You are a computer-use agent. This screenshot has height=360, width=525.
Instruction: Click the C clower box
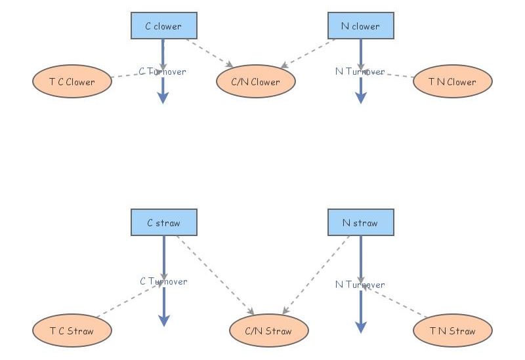coord(163,26)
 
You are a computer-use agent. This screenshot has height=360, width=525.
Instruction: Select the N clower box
coord(360,26)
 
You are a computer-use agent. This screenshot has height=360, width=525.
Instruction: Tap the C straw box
coord(163,223)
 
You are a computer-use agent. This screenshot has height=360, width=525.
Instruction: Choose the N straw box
coord(360,223)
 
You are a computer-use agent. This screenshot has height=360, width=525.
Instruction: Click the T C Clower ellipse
coord(72,82)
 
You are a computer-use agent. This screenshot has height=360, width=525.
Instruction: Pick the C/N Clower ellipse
coord(255,82)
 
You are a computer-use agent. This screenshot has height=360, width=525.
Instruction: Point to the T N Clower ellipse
coord(452,82)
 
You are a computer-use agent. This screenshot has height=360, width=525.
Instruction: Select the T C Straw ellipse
coord(72,330)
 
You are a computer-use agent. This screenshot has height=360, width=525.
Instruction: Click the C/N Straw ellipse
coord(268,330)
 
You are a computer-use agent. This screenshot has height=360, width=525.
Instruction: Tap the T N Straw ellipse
coord(452,330)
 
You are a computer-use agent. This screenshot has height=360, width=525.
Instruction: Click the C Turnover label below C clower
coord(162,71)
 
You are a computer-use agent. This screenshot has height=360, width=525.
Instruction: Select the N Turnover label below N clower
coord(360,71)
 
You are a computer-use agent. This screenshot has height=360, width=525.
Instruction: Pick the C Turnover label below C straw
coord(163,281)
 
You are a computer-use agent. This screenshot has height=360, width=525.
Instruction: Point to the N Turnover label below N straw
coord(360,285)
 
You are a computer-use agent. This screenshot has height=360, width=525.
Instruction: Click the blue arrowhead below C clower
coord(163,98)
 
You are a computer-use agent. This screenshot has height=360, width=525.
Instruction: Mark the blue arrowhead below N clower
coord(360,98)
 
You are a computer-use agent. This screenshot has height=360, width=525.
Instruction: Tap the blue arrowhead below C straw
coord(163,320)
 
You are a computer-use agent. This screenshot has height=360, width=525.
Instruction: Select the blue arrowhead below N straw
coord(360,327)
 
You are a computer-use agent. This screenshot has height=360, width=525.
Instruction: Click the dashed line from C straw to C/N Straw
coord(215,275)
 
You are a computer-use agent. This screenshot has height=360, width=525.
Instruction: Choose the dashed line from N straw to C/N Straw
coord(317,275)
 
